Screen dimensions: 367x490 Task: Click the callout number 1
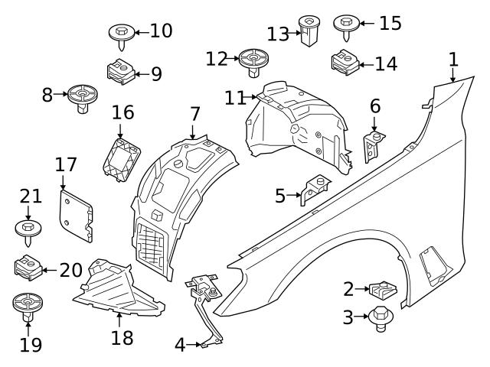[452, 59]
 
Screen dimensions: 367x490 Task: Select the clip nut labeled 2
[380, 290]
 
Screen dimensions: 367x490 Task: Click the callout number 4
[180, 345]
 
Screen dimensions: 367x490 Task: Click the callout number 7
[194, 115]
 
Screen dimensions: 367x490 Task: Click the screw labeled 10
[122, 34]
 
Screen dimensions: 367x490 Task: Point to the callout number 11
[234, 97]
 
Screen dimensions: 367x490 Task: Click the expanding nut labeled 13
[309, 32]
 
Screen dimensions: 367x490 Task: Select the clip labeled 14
[345, 62]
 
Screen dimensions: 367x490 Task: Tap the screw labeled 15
[346, 25]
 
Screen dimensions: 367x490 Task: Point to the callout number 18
[122, 337]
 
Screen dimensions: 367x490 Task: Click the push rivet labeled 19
[28, 307]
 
